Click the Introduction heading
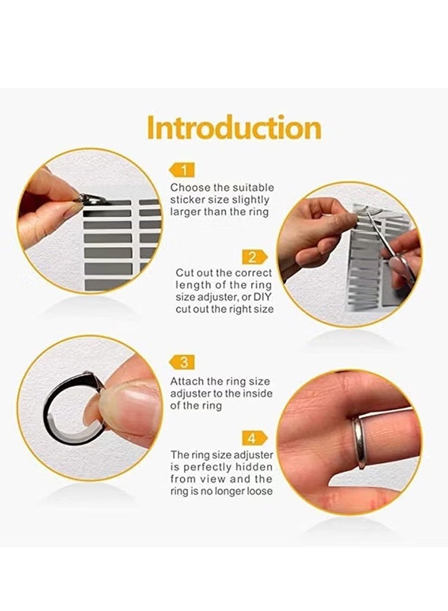click(x=234, y=128)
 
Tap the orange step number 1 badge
click(x=183, y=170)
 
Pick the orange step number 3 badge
click(x=183, y=362)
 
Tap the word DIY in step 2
click(x=262, y=297)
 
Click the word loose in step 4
click(x=259, y=490)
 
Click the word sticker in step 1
click(x=189, y=200)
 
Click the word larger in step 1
click(x=187, y=212)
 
